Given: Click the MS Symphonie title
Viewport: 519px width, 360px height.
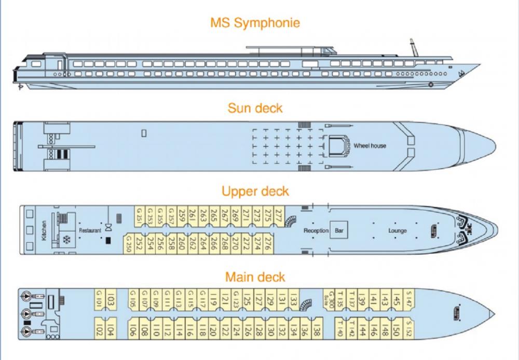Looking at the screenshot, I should coord(255,23).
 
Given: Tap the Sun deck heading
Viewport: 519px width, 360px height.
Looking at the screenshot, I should coord(255,108).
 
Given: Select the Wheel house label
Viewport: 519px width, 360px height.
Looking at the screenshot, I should coord(370,146).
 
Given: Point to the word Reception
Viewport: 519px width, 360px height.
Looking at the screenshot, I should coord(316,230).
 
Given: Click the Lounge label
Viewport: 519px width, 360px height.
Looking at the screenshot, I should coord(398,230).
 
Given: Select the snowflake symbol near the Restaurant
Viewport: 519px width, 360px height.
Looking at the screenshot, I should coord(66,240).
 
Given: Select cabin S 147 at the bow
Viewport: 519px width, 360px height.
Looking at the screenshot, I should coord(409,298).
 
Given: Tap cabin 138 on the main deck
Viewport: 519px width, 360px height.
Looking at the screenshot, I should coord(317,329).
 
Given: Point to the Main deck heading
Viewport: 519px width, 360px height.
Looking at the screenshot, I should coord(255,276).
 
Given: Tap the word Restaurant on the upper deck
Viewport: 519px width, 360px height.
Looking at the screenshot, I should coord(89,230).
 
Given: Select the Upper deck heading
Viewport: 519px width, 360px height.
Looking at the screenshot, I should coord(255,191).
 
